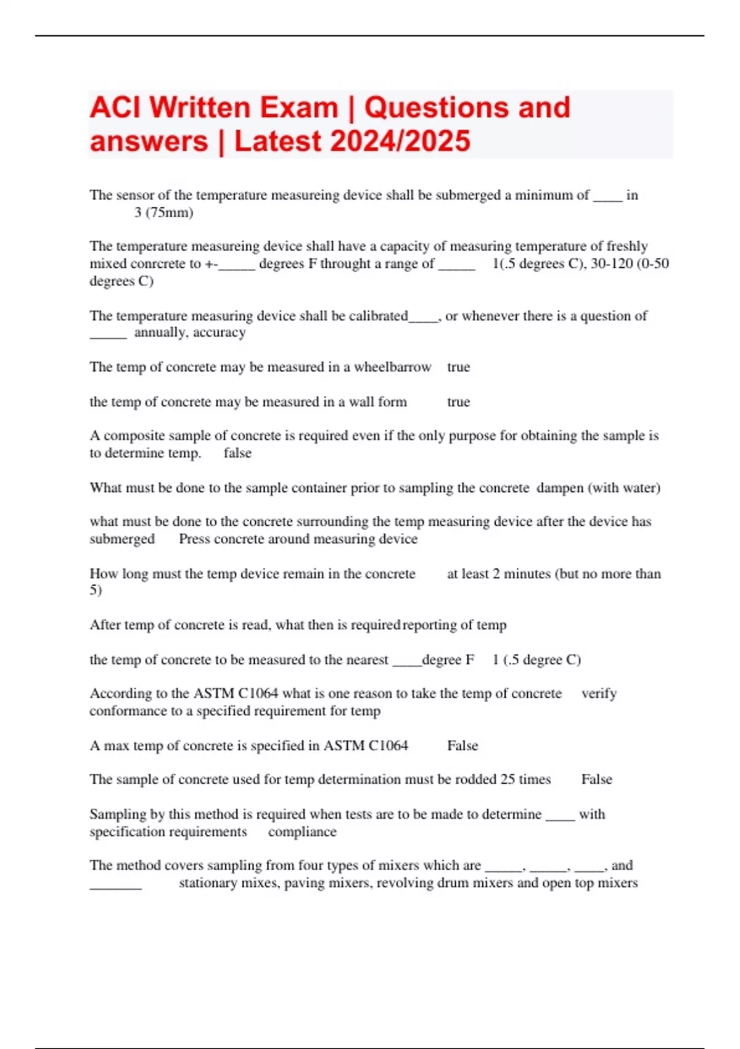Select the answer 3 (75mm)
163,213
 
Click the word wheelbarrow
392,367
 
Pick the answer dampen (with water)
598,488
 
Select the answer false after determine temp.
237,454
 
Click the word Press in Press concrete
194,539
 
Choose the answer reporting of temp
454,625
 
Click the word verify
599,694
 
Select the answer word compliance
302,832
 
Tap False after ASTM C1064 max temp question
462,746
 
